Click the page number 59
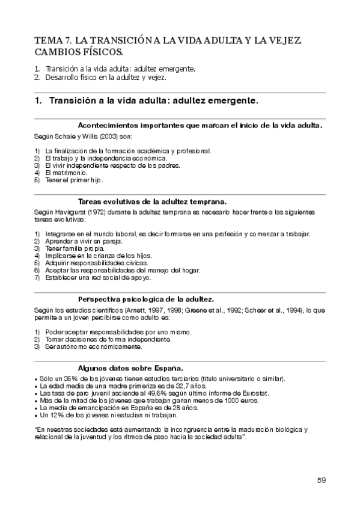322,480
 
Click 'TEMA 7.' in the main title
53,40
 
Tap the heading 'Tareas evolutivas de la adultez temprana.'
152,201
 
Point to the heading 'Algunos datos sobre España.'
131,368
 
